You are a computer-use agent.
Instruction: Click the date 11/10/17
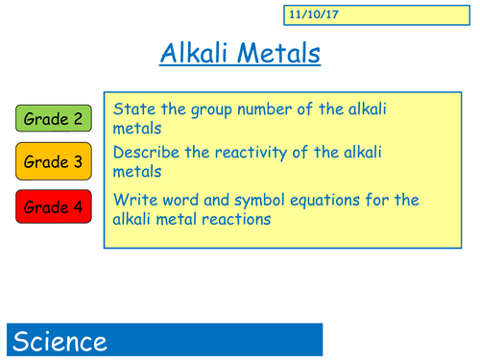[306, 16]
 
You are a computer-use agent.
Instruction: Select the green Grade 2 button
[54, 119]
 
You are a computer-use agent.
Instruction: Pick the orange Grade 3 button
[54, 162]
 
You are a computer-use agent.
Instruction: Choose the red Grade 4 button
[54, 206]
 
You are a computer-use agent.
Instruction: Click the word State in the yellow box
[132, 109]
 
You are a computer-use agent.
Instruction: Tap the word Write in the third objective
[132, 200]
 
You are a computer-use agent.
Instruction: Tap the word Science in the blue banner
[60, 341]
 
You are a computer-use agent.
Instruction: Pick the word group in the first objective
[206, 109]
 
